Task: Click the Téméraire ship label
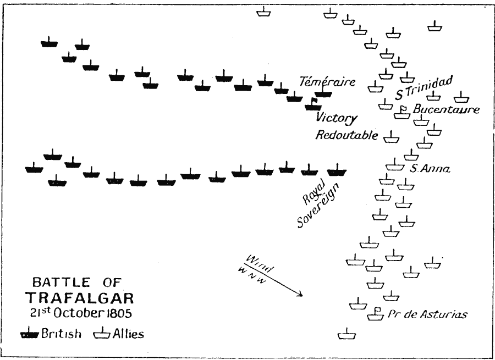click(x=327, y=82)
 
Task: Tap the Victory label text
click(x=337, y=118)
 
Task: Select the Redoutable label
click(x=346, y=135)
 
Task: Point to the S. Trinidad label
click(x=424, y=87)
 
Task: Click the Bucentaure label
click(x=446, y=109)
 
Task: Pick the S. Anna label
click(x=430, y=169)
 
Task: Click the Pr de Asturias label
click(x=427, y=314)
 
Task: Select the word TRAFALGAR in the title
click(x=80, y=298)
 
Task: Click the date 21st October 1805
click(x=81, y=313)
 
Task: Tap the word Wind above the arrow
click(x=258, y=263)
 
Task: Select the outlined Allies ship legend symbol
click(x=102, y=333)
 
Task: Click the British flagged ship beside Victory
click(x=313, y=104)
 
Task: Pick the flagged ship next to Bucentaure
click(x=402, y=113)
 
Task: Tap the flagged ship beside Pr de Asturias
click(x=375, y=314)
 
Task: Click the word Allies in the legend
click(x=128, y=334)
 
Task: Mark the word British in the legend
click(x=61, y=334)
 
